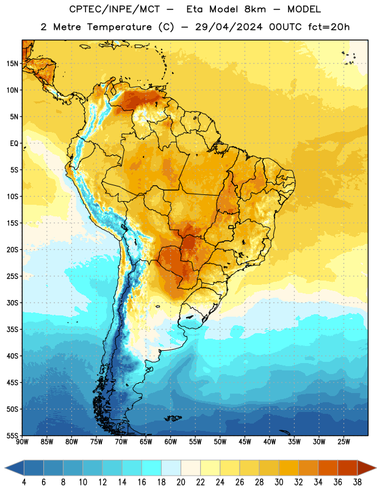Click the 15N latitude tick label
pyautogui.click(x=12, y=64)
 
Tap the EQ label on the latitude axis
pyautogui.click(x=14, y=144)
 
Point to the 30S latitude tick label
pyautogui.click(x=12, y=303)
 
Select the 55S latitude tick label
pyautogui.click(x=12, y=436)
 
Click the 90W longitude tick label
pyautogui.click(x=22, y=442)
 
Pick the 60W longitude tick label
pyautogui.click(x=171, y=442)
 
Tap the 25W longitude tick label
pyautogui.click(x=343, y=442)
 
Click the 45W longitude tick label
pyautogui.click(x=245, y=442)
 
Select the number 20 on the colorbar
pyautogui.click(x=181, y=482)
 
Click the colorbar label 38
pyautogui.click(x=357, y=482)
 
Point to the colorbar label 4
pyautogui.click(x=24, y=482)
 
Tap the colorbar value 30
pyautogui.click(x=279, y=482)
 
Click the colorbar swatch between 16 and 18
pyautogui.click(x=152, y=468)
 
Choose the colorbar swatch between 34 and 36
pyautogui.click(x=328, y=468)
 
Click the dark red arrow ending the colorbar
pyautogui.click(x=367, y=468)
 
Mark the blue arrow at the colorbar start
pyautogui.click(x=14, y=468)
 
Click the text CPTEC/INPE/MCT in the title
pyautogui.click(x=114, y=9)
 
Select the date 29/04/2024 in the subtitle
pyautogui.click(x=229, y=27)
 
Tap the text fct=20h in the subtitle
pyautogui.click(x=329, y=27)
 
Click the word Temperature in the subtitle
pyautogui.click(x=119, y=28)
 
